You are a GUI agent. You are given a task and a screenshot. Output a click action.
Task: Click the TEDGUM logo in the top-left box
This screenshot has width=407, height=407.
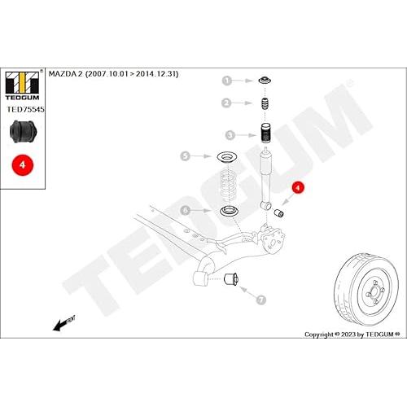tap(23, 85)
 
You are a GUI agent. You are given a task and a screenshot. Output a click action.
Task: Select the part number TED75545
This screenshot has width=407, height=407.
tap(25, 109)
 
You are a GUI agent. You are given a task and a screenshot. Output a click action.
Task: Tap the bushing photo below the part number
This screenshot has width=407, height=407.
tap(23, 132)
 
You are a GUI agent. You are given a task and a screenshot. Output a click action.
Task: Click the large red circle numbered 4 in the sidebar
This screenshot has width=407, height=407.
tap(23, 165)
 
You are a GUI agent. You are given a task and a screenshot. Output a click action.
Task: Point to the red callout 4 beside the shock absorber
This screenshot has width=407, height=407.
tap(298, 188)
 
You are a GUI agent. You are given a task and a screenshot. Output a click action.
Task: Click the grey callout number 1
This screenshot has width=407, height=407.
tap(227, 81)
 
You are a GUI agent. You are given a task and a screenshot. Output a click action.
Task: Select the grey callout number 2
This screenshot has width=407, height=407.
tap(226, 103)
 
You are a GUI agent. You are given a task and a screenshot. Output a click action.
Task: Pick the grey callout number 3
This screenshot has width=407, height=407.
tap(230, 135)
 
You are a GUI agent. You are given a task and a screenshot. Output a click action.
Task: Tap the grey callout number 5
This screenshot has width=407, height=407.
tap(185, 156)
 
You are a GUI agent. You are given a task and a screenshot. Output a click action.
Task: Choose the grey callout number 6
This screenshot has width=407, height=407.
tap(186, 210)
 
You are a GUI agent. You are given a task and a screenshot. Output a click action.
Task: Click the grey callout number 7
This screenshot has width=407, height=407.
tap(260, 300)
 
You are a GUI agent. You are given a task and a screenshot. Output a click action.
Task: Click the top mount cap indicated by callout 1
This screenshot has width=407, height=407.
tap(265, 81)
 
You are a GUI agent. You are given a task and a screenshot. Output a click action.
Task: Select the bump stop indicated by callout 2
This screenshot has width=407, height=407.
tap(266, 103)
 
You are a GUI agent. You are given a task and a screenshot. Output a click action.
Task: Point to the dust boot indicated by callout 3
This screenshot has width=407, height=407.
tap(266, 133)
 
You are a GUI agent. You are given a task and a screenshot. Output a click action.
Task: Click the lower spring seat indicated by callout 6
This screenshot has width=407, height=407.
tap(229, 211)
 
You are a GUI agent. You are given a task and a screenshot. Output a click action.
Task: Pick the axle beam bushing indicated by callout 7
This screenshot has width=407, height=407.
tap(231, 279)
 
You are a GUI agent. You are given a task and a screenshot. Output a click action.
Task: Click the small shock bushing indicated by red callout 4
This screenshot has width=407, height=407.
tap(278, 213)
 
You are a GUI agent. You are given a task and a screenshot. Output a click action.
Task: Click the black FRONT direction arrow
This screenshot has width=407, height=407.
tap(63, 323)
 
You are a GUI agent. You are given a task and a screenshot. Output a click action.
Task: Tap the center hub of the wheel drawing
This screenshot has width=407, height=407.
tap(374, 292)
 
